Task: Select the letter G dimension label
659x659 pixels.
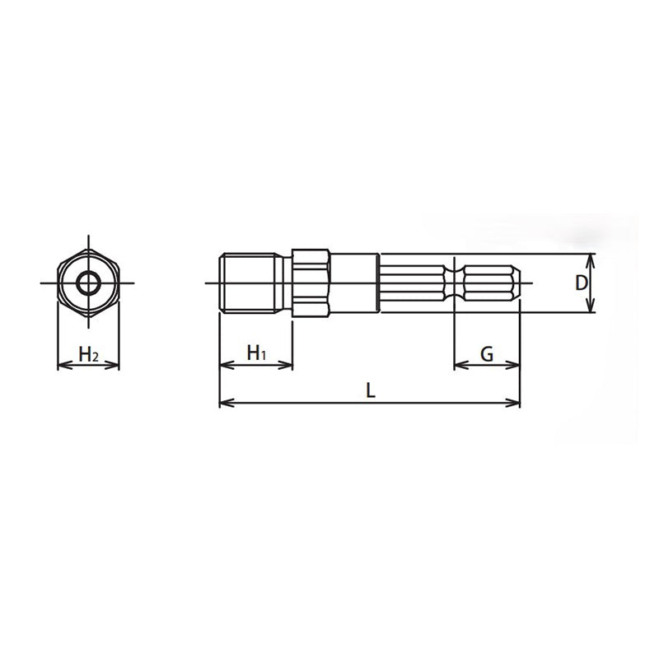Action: point(487,354)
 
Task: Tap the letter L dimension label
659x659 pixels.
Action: point(371,392)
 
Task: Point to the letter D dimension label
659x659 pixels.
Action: point(581,283)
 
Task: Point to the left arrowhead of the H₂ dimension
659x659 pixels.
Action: point(59,365)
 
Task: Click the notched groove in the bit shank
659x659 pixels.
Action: point(455,283)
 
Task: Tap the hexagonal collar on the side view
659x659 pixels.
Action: point(312,283)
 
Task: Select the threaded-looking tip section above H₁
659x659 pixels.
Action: point(255,283)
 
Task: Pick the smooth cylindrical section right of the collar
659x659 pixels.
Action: point(354,283)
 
